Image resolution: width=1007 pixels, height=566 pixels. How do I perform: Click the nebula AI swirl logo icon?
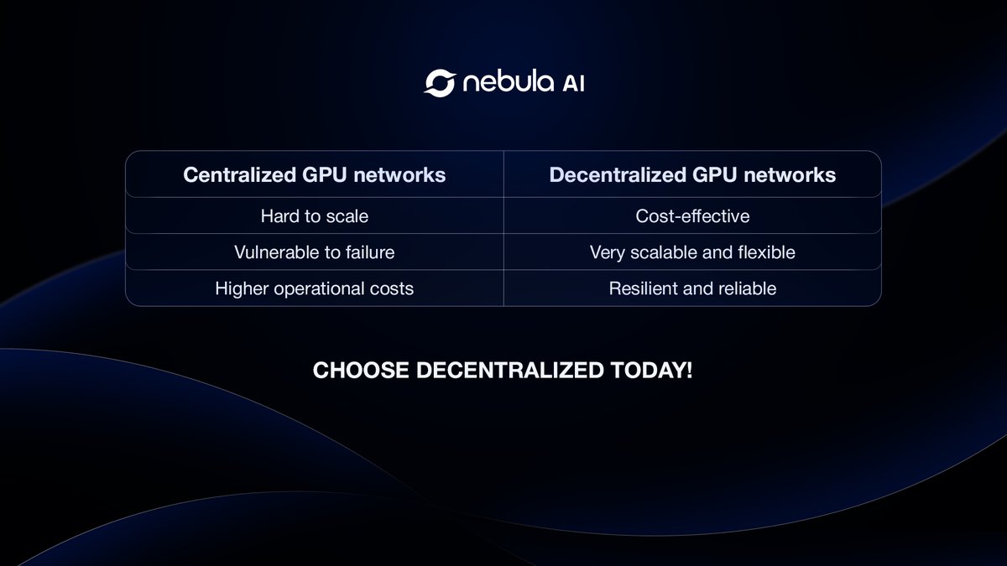[x=439, y=83]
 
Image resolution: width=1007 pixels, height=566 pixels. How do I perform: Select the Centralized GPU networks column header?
[x=315, y=174]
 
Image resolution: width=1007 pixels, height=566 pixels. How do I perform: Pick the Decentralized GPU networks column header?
[x=692, y=174]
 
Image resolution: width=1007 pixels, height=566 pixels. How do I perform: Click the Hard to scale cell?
[x=315, y=216]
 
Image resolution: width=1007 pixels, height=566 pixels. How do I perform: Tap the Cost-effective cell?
[x=692, y=216]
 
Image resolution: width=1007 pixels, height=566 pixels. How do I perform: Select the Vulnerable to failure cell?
[x=315, y=252]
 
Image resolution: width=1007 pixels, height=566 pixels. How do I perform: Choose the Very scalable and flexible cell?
[x=692, y=252]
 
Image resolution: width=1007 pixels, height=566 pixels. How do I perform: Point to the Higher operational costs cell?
[x=315, y=288]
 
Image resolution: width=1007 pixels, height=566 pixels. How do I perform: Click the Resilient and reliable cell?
[x=692, y=288]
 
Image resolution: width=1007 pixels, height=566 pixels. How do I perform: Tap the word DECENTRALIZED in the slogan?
[x=510, y=371]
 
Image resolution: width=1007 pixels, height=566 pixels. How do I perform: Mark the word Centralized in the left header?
[x=237, y=174]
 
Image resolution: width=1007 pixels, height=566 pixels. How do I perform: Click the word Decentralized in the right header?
[x=615, y=174]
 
